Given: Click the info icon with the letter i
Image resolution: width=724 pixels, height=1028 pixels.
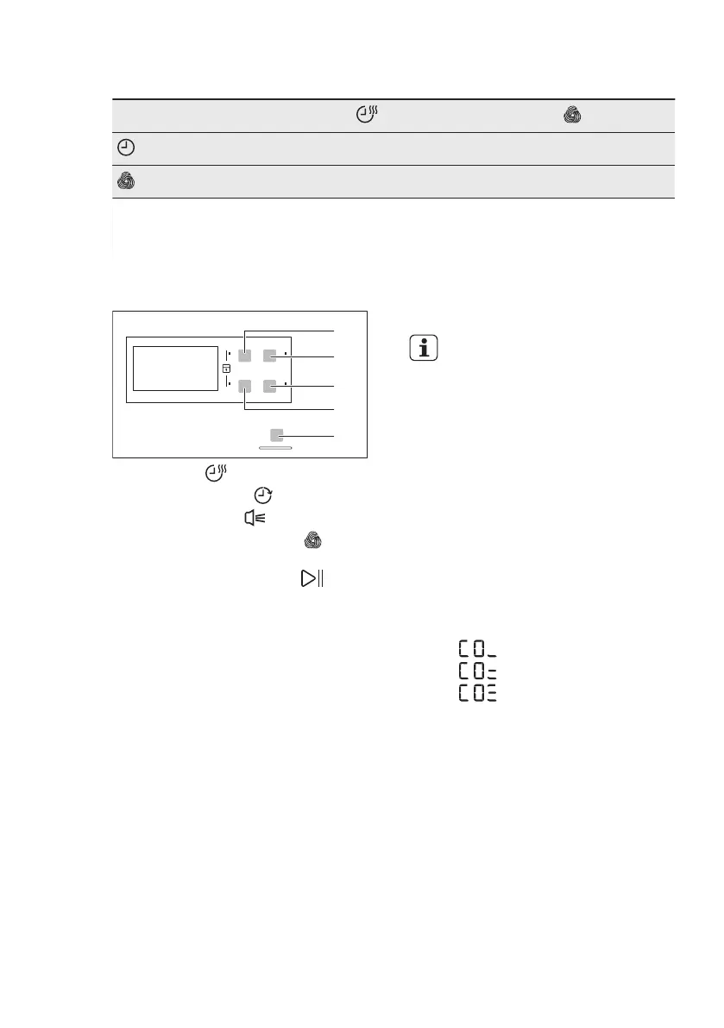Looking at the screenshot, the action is pyautogui.click(x=423, y=347).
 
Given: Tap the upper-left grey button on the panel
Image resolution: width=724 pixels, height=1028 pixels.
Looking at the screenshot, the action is pyautogui.click(x=245, y=355).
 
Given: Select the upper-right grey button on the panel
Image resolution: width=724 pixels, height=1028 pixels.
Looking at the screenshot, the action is pyautogui.click(x=270, y=355).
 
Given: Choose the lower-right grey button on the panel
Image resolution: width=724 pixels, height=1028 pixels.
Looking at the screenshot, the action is pyautogui.click(x=270, y=386).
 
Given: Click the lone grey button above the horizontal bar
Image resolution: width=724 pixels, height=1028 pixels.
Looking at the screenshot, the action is pyautogui.click(x=276, y=435).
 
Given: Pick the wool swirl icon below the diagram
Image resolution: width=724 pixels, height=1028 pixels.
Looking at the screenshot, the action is pyautogui.click(x=312, y=541).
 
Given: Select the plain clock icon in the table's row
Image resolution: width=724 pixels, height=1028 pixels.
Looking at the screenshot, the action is pyautogui.click(x=125, y=149).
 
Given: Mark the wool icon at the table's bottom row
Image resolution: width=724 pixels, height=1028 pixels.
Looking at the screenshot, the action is pyautogui.click(x=125, y=182).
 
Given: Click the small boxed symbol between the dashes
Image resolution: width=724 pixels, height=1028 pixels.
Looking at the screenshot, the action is pyautogui.click(x=226, y=369).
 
